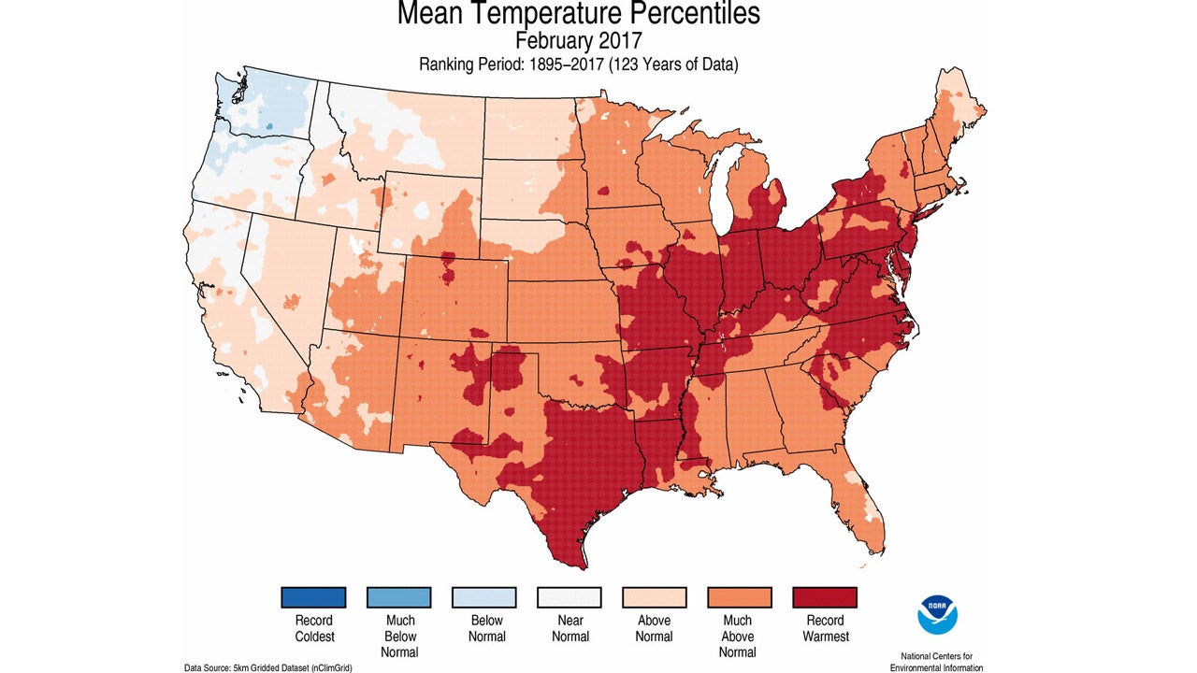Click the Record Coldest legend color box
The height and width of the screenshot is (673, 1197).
point(313,597)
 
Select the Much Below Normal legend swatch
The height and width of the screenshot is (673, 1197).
point(398,597)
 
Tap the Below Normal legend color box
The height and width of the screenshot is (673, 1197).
point(483,597)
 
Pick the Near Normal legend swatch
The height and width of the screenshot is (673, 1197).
point(569,597)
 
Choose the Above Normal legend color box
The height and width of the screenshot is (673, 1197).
point(655,597)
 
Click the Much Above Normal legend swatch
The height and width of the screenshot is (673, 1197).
point(739,597)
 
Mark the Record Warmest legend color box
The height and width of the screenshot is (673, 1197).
point(825,597)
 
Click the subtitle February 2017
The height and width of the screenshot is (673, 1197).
point(579,41)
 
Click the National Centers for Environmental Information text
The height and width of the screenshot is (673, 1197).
point(936,661)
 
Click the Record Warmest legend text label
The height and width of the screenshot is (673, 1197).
point(825,628)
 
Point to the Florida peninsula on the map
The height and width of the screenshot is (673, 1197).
point(865,505)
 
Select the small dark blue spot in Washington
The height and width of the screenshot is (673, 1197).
point(270,123)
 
